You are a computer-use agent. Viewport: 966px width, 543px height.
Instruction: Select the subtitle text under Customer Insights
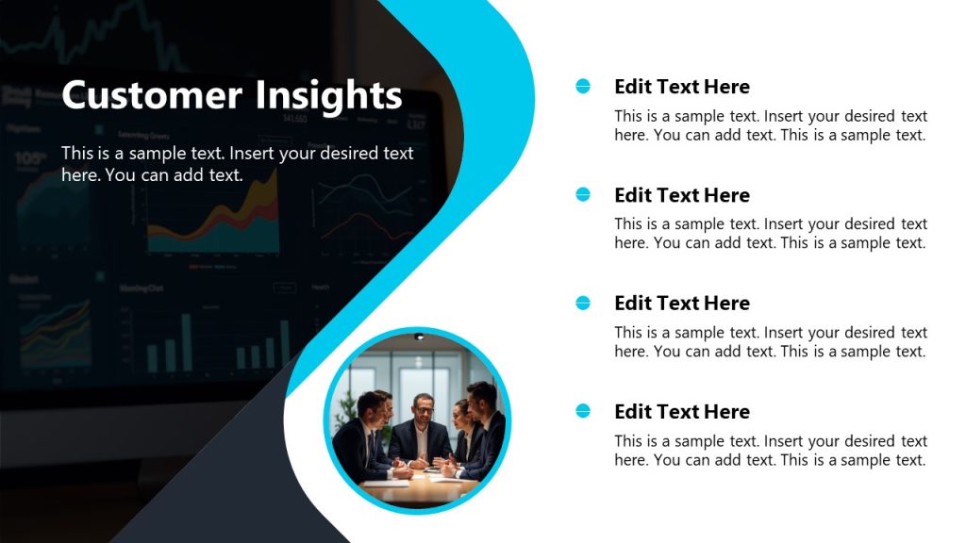point(237,163)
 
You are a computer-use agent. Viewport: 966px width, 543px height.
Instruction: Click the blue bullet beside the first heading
point(583,87)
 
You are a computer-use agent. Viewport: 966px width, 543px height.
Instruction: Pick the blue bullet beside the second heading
point(583,194)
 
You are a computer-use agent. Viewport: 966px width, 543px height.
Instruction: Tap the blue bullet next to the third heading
point(583,303)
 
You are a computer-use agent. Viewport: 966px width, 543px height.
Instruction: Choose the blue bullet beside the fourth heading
point(583,411)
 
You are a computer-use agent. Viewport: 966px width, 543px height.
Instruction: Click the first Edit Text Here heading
point(681,87)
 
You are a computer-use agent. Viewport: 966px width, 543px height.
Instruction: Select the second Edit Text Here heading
point(681,195)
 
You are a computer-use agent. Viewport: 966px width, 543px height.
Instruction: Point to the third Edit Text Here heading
point(681,304)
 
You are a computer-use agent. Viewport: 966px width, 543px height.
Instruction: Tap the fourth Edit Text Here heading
point(681,412)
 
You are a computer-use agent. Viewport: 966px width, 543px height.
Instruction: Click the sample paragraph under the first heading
point(770,125)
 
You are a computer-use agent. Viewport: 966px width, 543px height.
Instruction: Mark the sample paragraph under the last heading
point(770,451)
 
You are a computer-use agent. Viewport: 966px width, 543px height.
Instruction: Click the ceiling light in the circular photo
point(419,337)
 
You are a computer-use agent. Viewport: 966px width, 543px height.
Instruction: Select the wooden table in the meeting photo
point(425,485)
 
